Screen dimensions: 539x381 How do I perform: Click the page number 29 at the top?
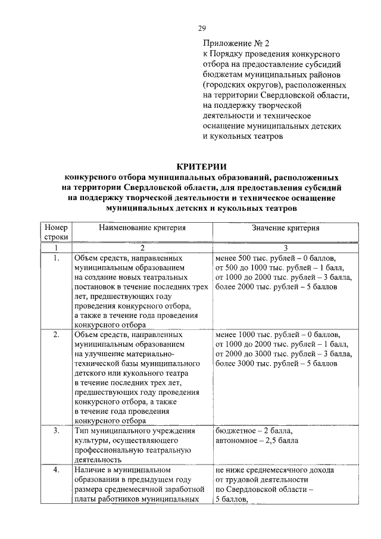(x=201, y=29)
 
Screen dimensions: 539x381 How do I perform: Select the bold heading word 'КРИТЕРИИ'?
(x=201, y=166)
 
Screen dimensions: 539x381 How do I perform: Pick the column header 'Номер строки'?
(x=56, y=232)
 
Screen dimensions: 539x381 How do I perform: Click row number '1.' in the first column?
(x=56, y=259)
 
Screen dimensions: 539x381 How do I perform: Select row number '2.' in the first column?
(x=56, y=335)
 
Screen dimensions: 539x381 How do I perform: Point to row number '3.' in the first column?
(x=56, y=430)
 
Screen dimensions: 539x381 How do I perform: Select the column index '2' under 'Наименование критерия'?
(x=142, y=248)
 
